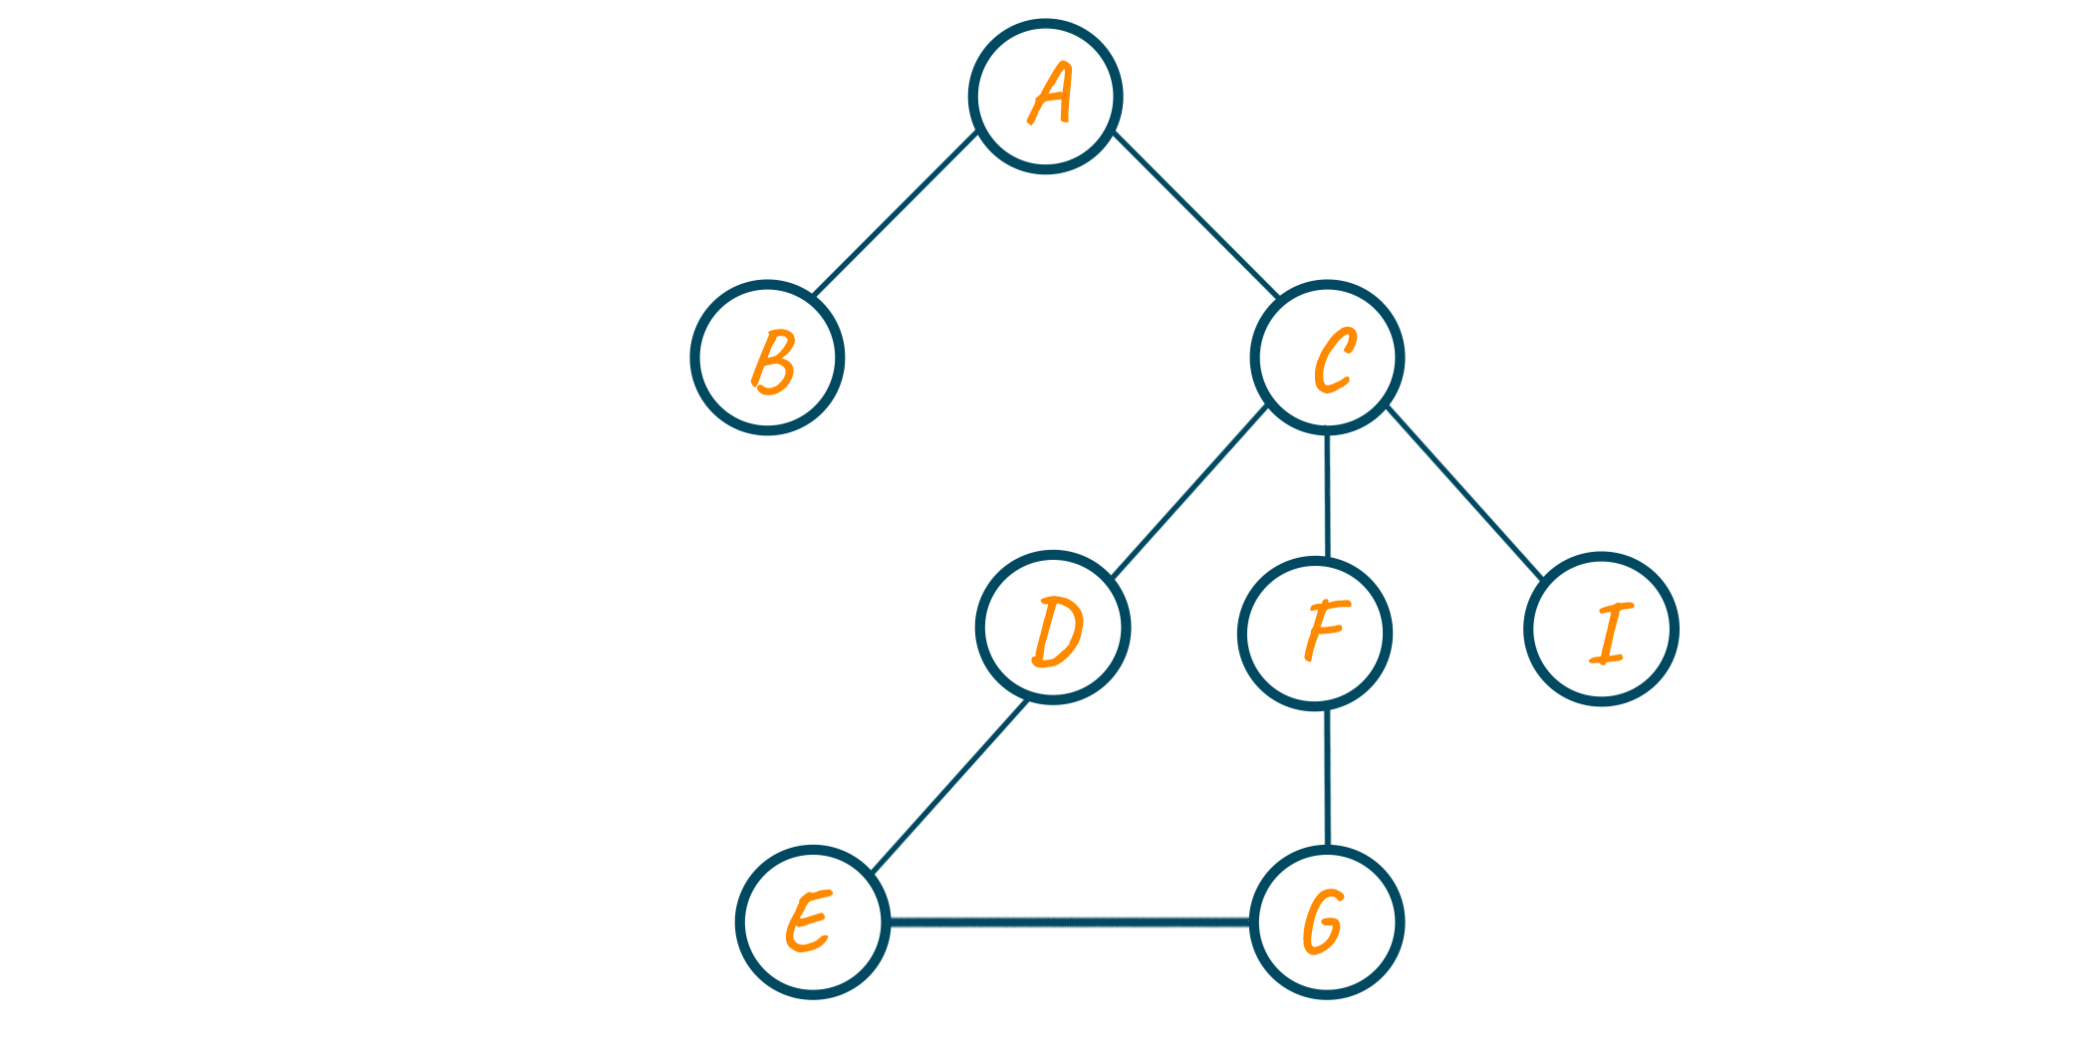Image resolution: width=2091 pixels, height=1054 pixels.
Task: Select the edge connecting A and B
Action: [895, 213]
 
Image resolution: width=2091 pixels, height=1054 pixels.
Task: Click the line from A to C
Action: [1196, 214]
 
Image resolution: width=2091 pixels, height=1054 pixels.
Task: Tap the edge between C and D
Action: [1189, 492]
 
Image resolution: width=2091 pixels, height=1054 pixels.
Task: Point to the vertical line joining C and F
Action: [1327, 495]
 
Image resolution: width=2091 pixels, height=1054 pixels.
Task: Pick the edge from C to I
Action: [1464, 492]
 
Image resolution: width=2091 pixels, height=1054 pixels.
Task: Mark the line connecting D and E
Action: [949, 787]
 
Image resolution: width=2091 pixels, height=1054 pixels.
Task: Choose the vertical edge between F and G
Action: [1327, 778]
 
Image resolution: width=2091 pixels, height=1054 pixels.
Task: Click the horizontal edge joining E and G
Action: [1070, 922]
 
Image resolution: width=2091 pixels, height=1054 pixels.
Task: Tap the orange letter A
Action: [1050, 94]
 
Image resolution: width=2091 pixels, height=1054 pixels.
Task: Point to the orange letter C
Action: [1335, 360]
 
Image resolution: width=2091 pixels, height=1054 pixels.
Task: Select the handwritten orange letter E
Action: [808, 922]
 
